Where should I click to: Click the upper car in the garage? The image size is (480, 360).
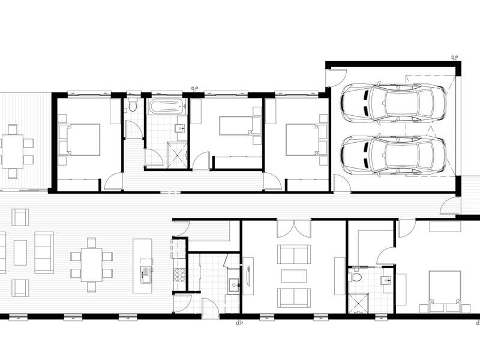[393, 102]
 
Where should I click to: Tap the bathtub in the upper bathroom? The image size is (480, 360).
[165, 107]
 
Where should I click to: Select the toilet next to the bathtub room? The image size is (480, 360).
[133, 107]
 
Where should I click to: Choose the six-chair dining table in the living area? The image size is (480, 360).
[91, 265]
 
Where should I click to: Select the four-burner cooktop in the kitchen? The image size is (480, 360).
[179, 275]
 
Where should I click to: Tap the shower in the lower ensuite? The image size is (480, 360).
[358, 302]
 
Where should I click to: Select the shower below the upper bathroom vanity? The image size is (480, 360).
[176, 152]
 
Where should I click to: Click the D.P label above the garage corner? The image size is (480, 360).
[454, 58]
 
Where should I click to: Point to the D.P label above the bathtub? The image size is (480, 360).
[194, 89]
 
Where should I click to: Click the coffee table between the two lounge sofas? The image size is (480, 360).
[294, 276]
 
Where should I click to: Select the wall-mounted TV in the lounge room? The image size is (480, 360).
[248, 276]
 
